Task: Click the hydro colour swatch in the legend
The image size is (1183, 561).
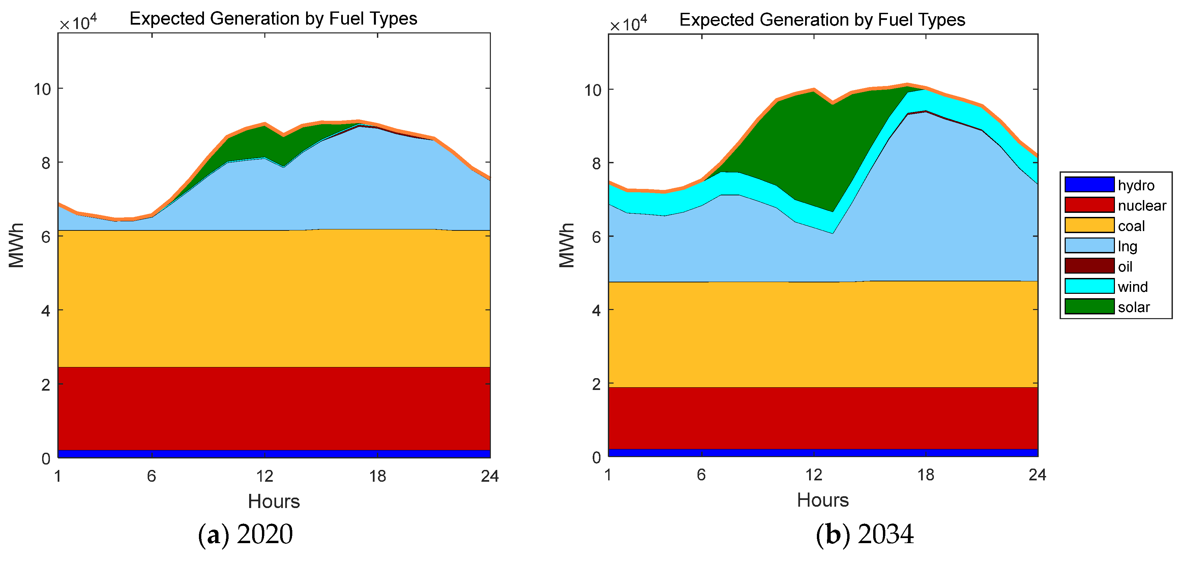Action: [1089, 185]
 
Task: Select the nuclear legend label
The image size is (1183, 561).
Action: [1142, 205]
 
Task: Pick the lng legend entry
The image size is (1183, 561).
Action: [1127, 246]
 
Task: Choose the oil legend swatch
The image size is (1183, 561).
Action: [1089, 266]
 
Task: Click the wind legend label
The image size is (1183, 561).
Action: [1132, 287]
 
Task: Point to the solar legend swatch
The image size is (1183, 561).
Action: [1089, 306]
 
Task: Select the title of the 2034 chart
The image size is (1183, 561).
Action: [822, 20]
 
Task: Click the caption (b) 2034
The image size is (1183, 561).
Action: [864, 534]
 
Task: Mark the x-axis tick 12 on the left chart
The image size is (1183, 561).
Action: [265, 476]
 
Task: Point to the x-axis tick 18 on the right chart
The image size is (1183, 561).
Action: [926, 475]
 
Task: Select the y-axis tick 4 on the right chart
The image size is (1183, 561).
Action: [596, 310]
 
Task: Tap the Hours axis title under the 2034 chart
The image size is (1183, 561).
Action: [823, 500]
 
